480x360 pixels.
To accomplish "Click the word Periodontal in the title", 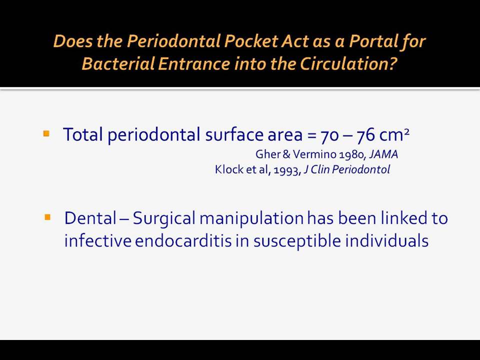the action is (x=173, y=41).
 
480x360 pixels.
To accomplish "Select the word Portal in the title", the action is (x=372, y=41).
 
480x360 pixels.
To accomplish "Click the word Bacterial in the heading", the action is (x=118, y=63).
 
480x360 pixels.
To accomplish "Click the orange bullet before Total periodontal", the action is (x=46, y=133).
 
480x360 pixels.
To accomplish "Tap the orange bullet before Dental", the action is (x=47, y=217).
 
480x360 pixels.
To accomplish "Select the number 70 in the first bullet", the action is (x=329, y=135).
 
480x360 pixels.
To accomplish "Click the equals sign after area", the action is (x=311, y=135).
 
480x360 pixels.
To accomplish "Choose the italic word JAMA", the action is (x=383, y=154).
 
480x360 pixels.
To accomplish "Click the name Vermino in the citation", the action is (x=314, y=154).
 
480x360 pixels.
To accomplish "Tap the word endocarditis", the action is (x=183, y=240).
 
